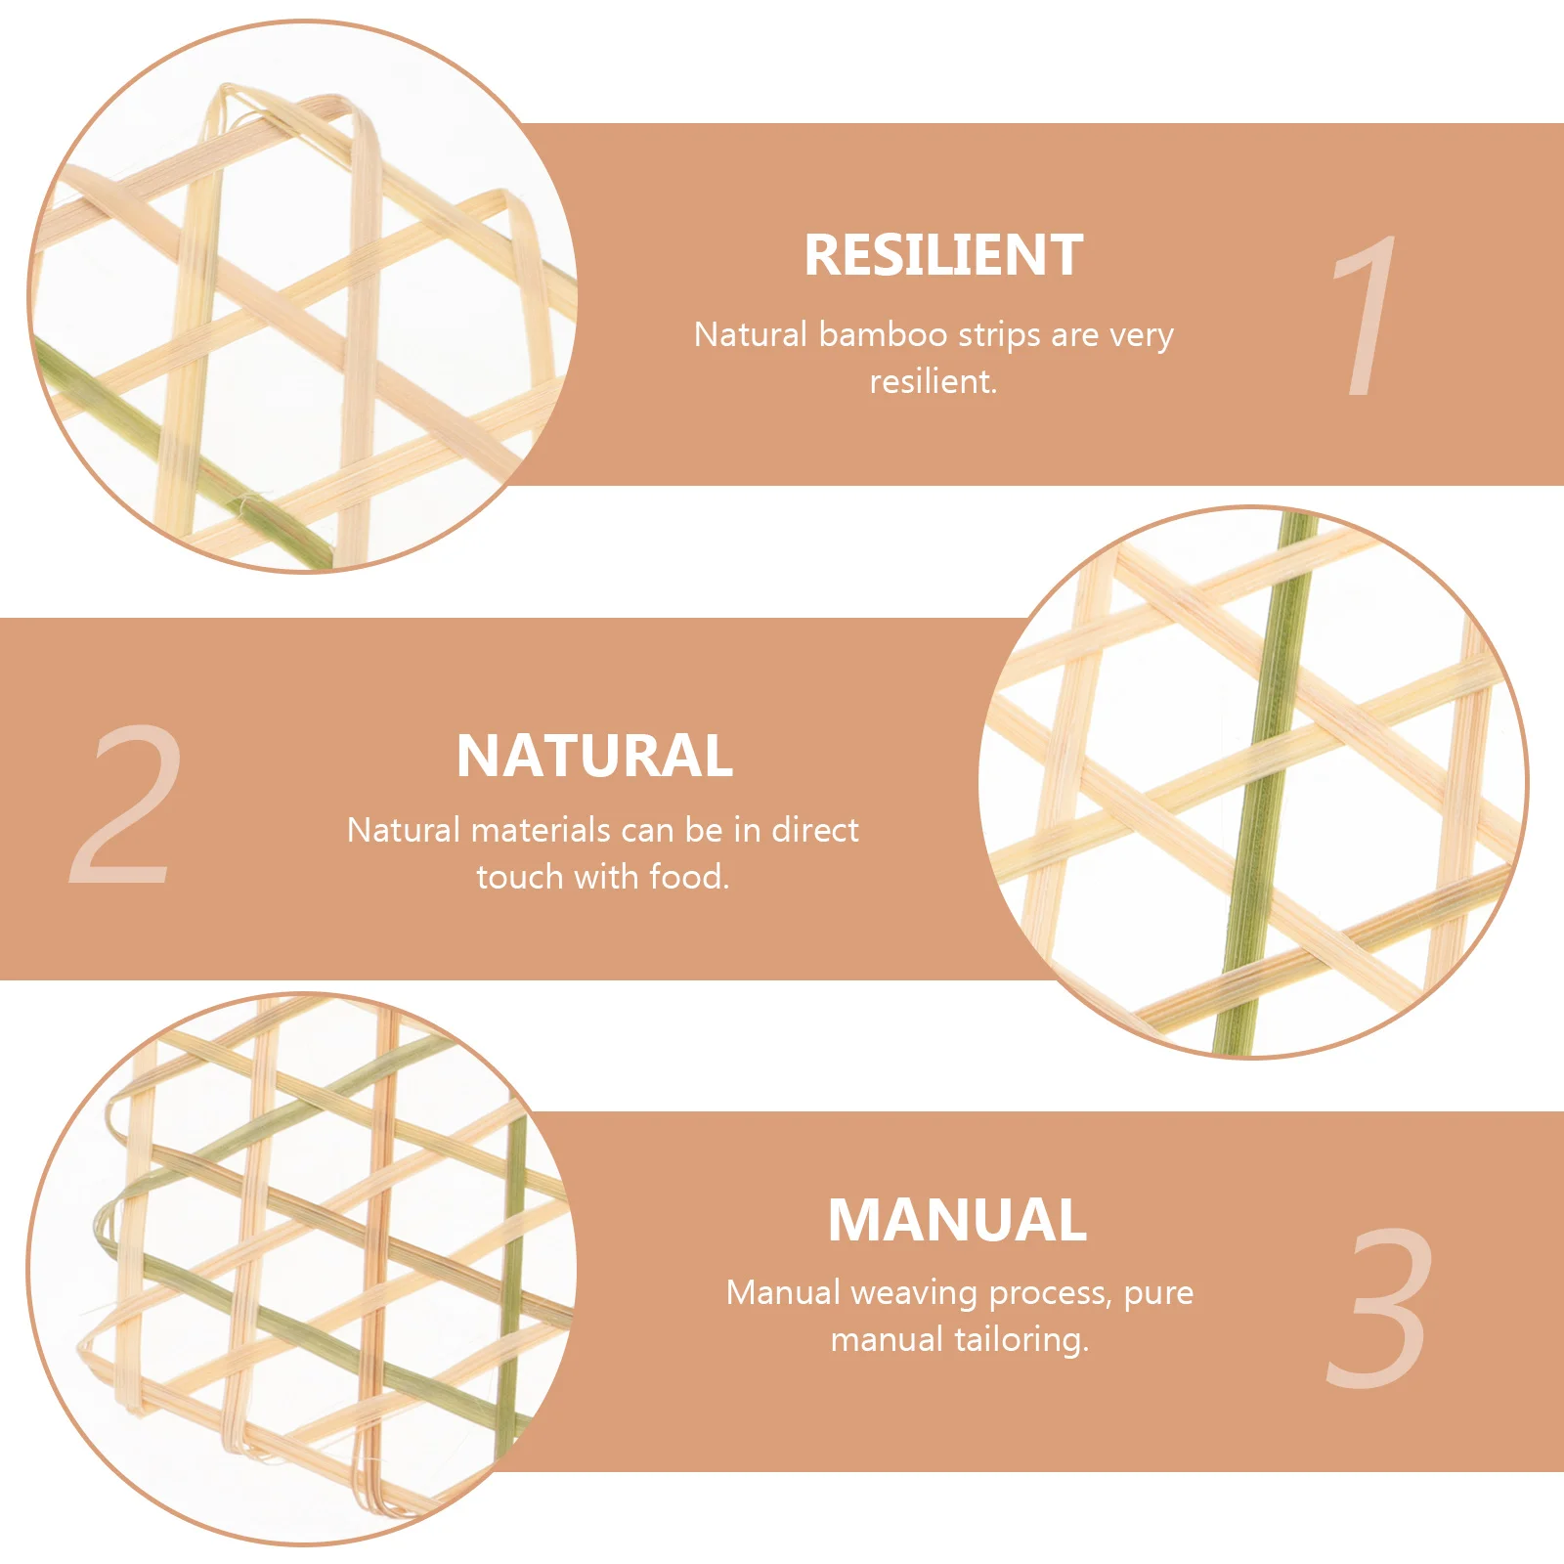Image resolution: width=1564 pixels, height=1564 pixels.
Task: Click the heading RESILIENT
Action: coord(943,256)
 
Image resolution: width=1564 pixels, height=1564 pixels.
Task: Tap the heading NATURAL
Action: coord(594,757)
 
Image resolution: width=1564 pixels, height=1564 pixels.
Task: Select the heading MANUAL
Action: coord(957,1220)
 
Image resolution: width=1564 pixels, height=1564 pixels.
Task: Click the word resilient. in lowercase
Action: coord(934,381)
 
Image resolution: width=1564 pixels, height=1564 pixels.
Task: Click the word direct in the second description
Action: coord(815,831)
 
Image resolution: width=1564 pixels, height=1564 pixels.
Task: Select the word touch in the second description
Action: coord(520,877)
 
